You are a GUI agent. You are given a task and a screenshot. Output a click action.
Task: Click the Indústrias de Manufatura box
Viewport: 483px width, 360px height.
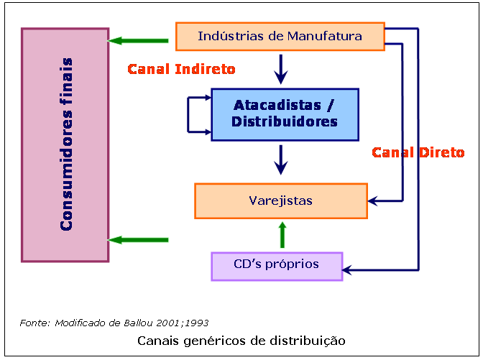click(x=280, y=36)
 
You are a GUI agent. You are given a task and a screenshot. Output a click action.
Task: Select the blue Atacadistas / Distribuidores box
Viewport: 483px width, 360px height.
click(x=285, y=114)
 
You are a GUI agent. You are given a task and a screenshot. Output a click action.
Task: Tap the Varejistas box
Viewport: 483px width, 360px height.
click(x=280, y=200)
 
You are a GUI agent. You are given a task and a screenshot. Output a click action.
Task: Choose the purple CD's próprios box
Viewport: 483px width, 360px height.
click(x=277, y=265)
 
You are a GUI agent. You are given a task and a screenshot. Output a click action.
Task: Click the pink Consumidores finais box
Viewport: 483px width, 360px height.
click(x=65, y=144)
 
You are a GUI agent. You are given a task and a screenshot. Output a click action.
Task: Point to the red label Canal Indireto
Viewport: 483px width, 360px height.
click(x=182, y=70)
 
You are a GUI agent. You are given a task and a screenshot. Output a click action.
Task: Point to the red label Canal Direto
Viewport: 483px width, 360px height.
click(x=418, y=152)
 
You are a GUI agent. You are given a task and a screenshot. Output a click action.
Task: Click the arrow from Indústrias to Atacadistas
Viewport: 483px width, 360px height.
click(x=281, y=70)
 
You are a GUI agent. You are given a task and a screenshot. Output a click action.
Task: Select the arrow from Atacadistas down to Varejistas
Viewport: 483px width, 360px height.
click(x=281, y=160)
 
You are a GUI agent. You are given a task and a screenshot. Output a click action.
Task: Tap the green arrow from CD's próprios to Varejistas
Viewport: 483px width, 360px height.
click(x=282, y=235)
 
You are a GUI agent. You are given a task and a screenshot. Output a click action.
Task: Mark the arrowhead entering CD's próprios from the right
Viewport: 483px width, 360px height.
click(x=349, y=271)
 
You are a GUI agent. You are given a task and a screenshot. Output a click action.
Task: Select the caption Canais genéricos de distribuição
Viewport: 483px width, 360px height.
click(x=241, y=339)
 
